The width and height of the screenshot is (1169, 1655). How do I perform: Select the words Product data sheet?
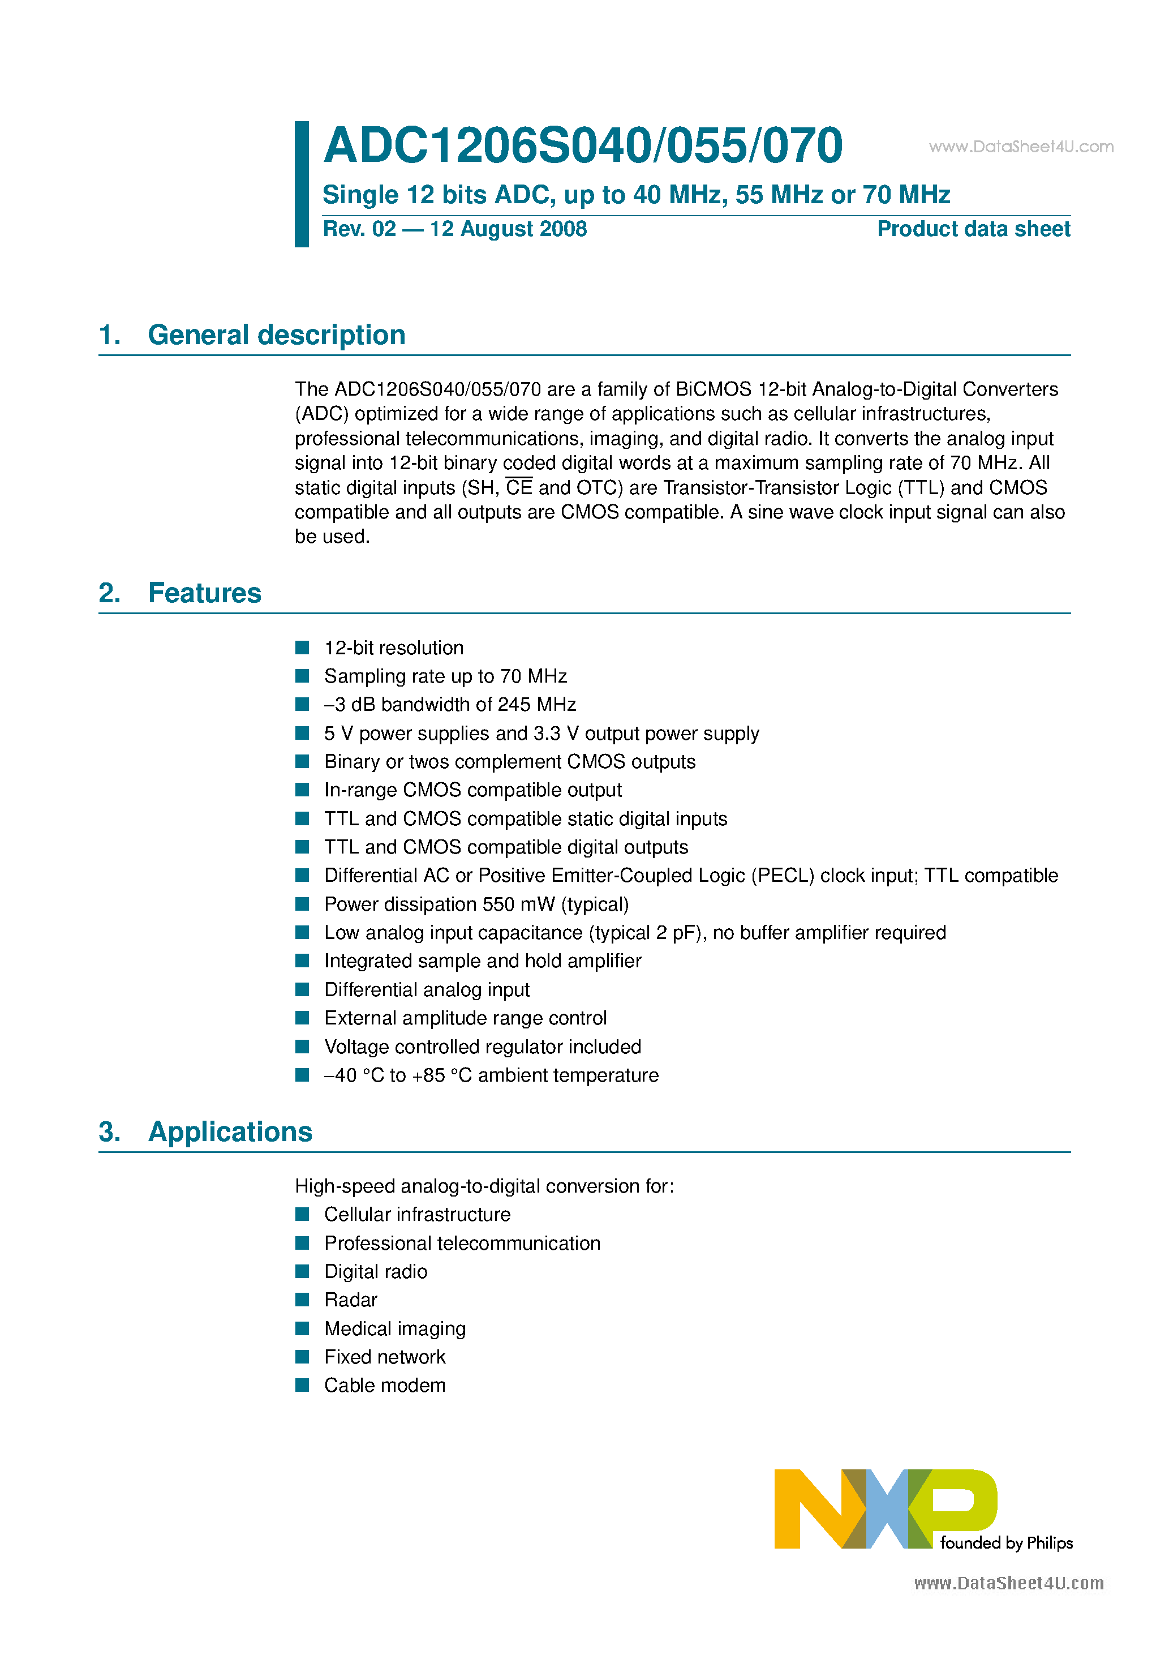pos(973,229)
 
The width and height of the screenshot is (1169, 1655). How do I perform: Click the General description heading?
pos(276,335)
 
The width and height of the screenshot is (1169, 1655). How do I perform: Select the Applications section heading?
pos(230,1131)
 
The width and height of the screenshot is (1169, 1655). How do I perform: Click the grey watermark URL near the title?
pos(1021,147)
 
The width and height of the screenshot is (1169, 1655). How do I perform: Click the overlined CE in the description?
pos(519,488)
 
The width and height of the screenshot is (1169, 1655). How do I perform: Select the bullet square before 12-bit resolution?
pos(302,648)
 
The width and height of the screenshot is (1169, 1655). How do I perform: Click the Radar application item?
pos(350,1300)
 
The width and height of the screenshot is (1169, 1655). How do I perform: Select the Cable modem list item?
pos(384,1386)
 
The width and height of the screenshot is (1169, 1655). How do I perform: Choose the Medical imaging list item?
pos(394,1328)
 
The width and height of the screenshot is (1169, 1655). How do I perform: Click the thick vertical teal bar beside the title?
pos(301,184)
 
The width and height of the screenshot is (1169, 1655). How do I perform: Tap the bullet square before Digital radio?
pos(302,1271)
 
